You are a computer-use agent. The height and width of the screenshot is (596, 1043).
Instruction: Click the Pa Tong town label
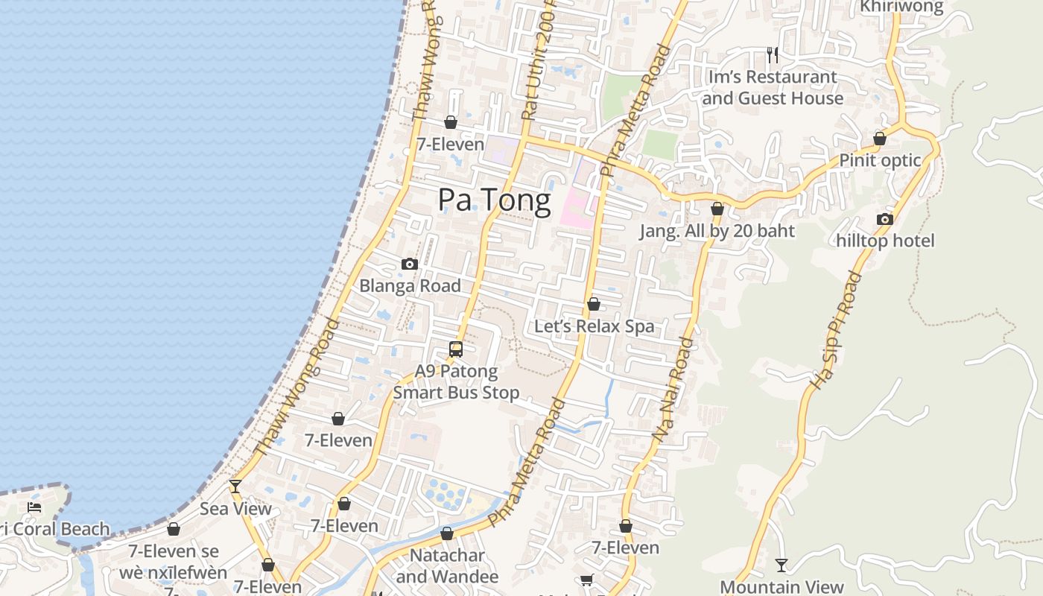click(494, 200)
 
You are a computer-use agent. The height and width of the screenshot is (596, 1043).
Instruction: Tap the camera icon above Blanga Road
click(409, 264)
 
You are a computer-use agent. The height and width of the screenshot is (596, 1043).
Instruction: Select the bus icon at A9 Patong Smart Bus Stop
click(455, 349)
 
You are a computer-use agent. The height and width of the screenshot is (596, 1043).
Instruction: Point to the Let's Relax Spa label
click(594, 326)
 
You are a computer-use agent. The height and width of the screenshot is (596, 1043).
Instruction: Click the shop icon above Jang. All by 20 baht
click(717, 209)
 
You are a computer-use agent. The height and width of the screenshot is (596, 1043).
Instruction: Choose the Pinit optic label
click(880, 160)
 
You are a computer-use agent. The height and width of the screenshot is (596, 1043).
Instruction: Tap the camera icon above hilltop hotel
click(884, 219)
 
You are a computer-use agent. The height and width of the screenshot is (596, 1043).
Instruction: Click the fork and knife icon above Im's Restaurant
click(773, 54)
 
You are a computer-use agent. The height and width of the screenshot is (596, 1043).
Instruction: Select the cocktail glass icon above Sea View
click(235, 486)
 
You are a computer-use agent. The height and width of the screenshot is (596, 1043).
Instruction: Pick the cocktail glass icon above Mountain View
click(781, 565)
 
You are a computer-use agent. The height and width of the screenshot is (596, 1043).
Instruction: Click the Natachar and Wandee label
click(447, 566)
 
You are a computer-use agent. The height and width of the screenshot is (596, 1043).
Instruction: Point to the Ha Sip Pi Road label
click(836, 330)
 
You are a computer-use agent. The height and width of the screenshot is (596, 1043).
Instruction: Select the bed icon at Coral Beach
click(34, 507)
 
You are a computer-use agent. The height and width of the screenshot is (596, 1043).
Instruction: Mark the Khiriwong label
click(901, 7)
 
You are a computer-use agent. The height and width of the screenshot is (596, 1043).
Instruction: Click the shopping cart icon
click(587, 580)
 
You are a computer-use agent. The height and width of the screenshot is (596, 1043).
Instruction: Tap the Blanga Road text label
click(410, 285)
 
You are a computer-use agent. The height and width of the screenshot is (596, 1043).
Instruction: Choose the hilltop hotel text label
click(884, 241)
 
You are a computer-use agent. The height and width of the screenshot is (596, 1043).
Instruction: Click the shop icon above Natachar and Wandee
click(446, 533)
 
